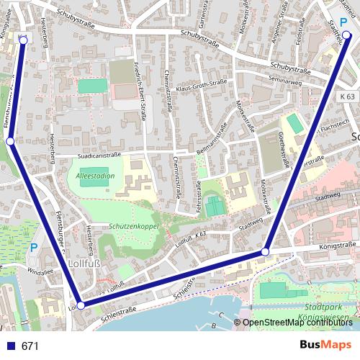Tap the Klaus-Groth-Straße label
[x=204, y=88]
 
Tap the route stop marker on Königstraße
[x=266, y=251]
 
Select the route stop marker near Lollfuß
[x=81, y=305]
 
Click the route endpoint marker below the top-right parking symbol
[x=346, y=34]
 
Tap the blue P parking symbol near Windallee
[x=33, y=248]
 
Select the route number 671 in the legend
[x=30, y=346]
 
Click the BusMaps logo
[x=325, y=346]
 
